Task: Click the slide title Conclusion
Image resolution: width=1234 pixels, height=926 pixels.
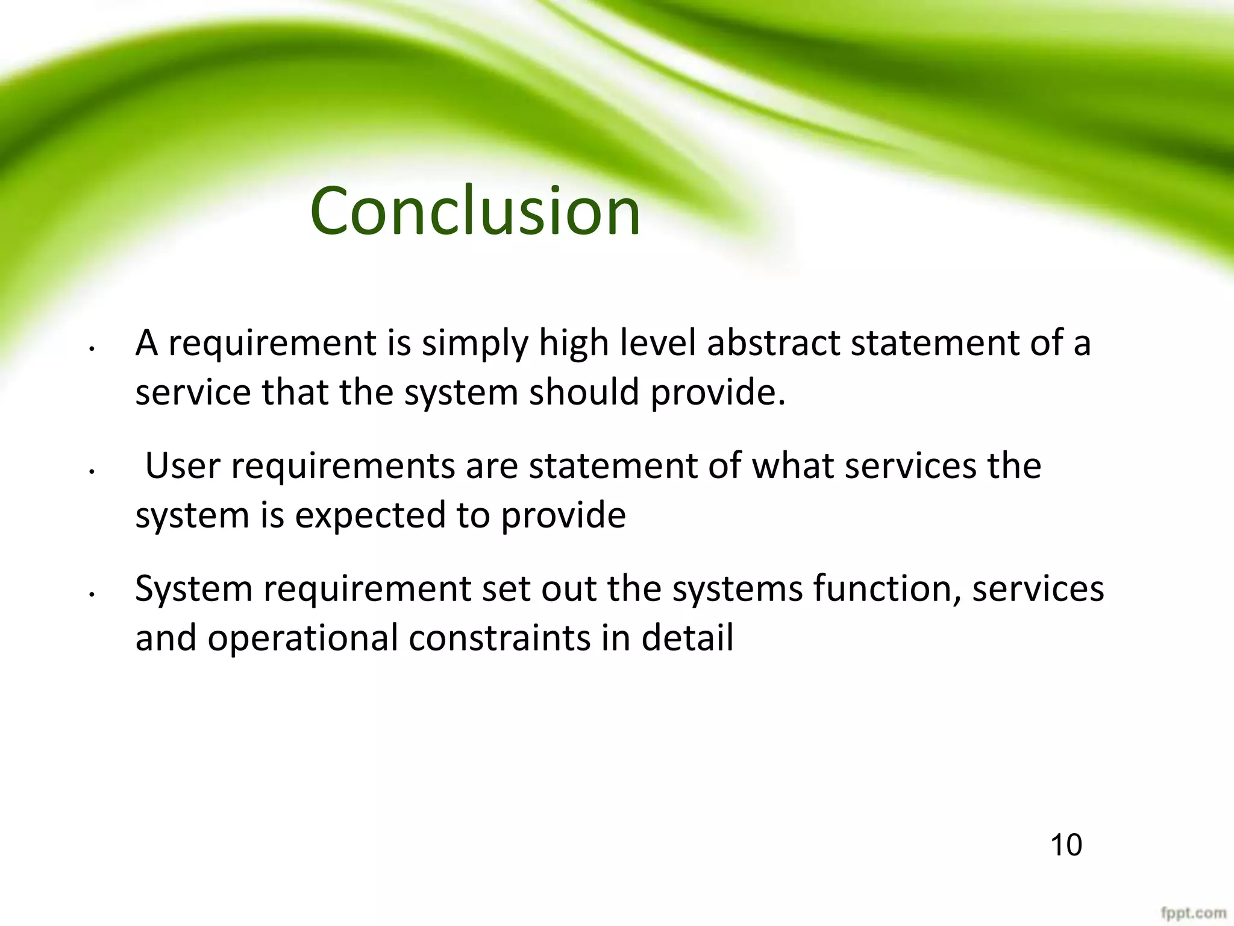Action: pyautogui.click(x=475, y=211)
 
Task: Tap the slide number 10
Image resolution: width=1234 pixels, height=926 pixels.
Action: pyautogui.click(x=1066, y=845)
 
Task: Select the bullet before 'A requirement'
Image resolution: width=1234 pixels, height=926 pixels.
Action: pyautogui.click(x=90, y=349)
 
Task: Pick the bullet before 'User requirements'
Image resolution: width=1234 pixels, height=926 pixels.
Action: pyautogui.click(x=90, y=472)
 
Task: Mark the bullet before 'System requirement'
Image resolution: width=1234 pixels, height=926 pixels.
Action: pyautogui.click(x=90, y=595)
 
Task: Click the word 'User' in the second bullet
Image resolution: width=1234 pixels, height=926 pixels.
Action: pyautogui.click(x=183, y=466)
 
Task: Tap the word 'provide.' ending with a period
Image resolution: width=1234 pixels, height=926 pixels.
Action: pyautogui.click(x=718, y=394)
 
